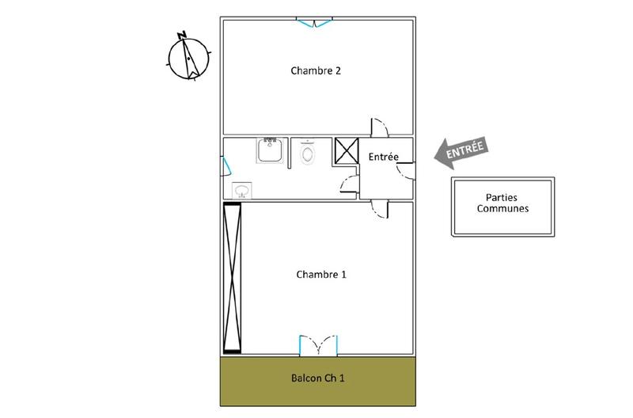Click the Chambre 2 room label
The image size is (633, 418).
coord(316,70)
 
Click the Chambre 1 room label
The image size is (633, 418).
coord(321,275)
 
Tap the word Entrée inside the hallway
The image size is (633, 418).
coord(384,158)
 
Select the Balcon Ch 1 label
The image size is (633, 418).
coord(317,378)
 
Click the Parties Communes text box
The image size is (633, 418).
coord(502,204)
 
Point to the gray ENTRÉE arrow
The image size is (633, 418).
coord(461,151)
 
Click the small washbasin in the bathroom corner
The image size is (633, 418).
coord(241,190)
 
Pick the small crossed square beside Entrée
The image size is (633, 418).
coord(346,150)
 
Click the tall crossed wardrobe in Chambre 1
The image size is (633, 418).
coord(232,277)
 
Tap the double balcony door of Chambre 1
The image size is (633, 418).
coord(319,345)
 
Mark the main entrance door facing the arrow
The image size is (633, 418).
coord(406,169)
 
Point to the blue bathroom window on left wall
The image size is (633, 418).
coord(224,167)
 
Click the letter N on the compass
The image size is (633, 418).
coord(182,35)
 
